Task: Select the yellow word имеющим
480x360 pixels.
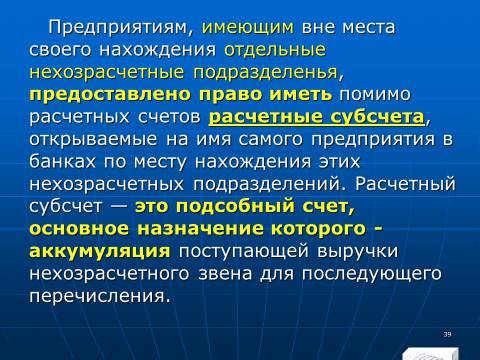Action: (248, 28)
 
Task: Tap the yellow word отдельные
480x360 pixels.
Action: (275, 50)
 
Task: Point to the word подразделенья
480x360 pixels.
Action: (266, 72)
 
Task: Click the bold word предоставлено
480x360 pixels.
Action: (110, 95)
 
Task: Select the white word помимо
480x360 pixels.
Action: (375, 95)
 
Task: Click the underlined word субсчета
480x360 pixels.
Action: (377, 117)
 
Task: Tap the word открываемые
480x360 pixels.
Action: (93, 139)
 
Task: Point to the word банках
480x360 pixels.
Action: (62, 161)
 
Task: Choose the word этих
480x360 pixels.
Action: (340, 162)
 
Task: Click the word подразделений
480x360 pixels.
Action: (266, 184)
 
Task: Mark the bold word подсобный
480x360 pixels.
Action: (235, 206)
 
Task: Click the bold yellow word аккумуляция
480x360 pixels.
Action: (100, 251)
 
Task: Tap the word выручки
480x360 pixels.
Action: (357, 251)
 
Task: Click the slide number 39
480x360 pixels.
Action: (447, 334)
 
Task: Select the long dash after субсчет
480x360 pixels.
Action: (118, 207)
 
